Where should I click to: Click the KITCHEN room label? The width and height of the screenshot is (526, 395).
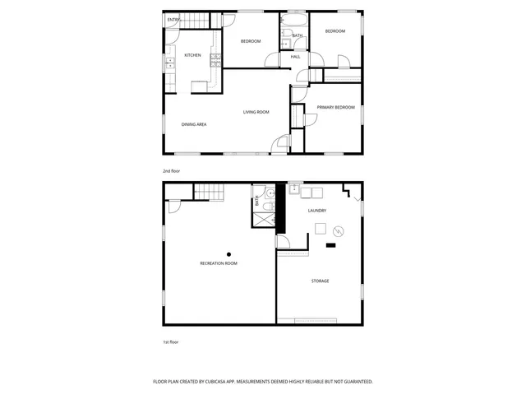[192, 55]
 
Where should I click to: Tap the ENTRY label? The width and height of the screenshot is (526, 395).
[173, 19]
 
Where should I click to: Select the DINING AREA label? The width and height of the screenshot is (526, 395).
[194, 124]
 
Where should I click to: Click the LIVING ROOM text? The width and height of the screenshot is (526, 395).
[256, 112]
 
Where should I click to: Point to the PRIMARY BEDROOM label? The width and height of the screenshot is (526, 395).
[336, 107]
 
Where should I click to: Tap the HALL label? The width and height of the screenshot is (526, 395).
[295, 56]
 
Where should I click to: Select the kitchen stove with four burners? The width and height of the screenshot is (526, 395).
[215, 58]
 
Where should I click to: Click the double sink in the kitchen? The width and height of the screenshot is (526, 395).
[170, 63]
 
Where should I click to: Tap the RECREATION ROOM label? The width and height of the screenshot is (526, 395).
[219, 263]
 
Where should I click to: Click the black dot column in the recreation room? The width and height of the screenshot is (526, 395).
[229, 254]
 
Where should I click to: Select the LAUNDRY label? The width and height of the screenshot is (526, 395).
[317, 211]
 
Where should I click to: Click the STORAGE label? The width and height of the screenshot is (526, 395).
[320, 281]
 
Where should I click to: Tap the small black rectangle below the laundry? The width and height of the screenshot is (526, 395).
[331, 244]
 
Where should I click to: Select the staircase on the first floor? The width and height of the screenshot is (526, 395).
[209, 192]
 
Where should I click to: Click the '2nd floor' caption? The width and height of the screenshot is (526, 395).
[171, 170]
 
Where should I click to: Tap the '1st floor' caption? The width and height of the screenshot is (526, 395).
[170, 341]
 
